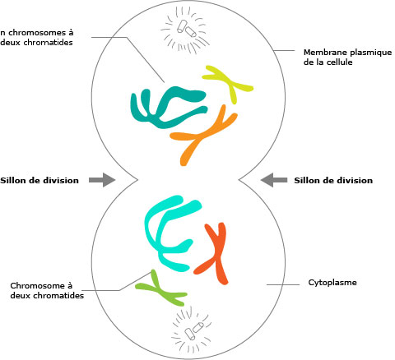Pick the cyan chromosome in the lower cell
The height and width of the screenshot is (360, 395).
[x=154, y=241]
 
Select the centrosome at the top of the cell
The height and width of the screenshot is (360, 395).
[x=186, y=30]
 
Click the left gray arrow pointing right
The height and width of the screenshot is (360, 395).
[x=102, y=180]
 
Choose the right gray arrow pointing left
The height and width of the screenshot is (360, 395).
[x=274, y=180]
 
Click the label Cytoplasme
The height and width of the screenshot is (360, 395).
[x=332, y=283]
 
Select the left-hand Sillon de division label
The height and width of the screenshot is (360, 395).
[x=39, y=180]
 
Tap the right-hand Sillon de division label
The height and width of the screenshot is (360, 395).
[x=333, y=180]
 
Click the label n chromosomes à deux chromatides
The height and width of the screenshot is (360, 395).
[x=36, y=38]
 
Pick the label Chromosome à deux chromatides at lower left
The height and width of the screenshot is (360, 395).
[x=47, y=291]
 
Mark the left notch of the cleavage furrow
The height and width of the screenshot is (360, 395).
[x=137, y=180]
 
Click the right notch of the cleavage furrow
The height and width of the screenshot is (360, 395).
[x=239, y=180]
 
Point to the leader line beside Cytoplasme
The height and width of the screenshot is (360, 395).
[x=283, y=284]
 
